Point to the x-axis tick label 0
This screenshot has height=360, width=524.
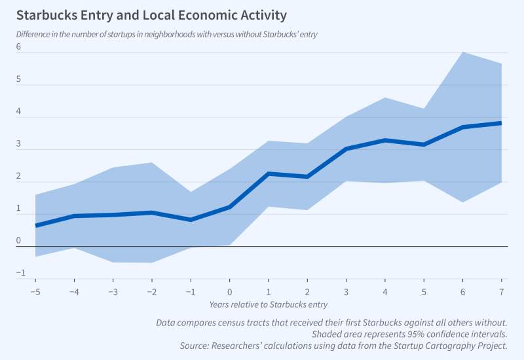point(229,290)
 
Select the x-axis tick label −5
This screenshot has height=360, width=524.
point(35,290)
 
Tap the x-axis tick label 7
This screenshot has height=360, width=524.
point(501,290)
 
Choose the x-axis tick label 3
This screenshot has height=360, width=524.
point(346,290)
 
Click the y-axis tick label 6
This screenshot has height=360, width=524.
point(19,47)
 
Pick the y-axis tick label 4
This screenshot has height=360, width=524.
point(19,112)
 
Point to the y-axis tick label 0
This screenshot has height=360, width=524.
point(19,241)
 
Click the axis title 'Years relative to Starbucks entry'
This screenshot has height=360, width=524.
point(269,304)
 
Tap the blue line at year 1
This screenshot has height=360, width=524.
point(268,173)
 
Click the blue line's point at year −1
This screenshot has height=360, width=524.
point(191,219)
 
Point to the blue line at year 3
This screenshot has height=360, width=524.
point(346,149)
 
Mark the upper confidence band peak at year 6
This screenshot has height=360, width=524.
point(462,52)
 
